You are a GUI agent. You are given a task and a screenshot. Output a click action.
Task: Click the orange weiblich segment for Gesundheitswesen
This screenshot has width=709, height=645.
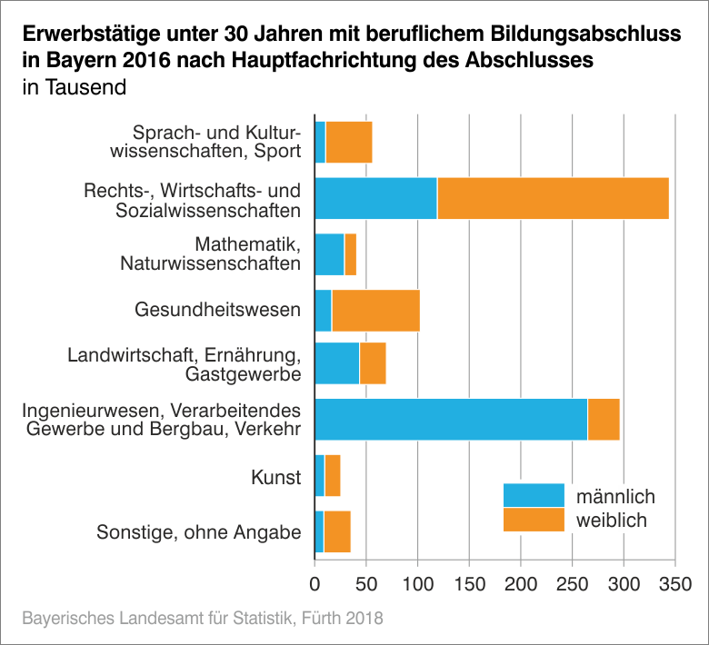point(375,310)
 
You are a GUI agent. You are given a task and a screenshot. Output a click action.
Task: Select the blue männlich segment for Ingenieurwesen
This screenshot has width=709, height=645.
point(451,419)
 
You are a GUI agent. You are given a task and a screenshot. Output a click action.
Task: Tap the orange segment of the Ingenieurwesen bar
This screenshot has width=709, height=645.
point(604,419)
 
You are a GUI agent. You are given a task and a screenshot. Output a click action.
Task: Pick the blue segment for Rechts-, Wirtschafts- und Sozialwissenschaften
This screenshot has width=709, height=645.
point(375,198)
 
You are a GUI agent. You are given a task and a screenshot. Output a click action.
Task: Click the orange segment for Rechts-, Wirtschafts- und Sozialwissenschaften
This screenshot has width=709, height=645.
point(553,198)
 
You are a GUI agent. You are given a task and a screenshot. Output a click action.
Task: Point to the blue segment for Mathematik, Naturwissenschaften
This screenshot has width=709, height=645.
point(329,254)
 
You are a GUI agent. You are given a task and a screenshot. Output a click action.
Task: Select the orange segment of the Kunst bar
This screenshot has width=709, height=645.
point(332,475)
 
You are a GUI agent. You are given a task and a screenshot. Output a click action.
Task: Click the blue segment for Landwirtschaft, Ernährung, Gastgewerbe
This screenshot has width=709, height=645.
point(336,363)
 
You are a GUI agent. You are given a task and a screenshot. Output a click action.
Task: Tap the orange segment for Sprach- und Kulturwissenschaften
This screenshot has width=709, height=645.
point(349,143)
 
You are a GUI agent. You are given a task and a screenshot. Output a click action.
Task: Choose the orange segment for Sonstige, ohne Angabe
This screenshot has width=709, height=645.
point(337,531)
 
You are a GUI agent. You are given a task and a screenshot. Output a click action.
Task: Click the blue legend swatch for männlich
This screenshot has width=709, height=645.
point(534,495)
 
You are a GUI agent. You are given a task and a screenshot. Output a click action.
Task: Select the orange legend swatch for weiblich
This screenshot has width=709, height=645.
point(534,520)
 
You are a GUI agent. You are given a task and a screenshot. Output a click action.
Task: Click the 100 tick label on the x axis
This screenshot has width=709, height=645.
point(417,581)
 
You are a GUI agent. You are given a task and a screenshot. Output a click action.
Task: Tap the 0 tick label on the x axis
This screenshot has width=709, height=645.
point(315,581)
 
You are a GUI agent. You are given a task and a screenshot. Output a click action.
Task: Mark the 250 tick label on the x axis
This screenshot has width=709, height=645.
point(572,581)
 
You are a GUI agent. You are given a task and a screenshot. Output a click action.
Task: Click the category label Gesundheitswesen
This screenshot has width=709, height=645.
point(217,310)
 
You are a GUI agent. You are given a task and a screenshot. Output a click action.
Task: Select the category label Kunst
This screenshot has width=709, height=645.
point(275,476)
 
